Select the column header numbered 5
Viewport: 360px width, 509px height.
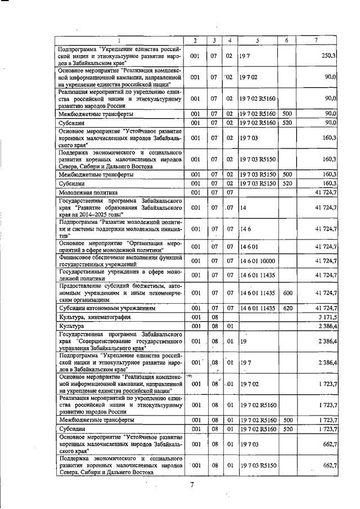pyautogui.click(x=257, y=40)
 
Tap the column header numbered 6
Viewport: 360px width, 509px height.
pyautogui.click(x=287, y=40)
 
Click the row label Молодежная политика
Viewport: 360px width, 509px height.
pyautogui.click(x=85, y=192)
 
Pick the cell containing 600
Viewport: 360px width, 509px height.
pyautogui.click(x=287, y=292)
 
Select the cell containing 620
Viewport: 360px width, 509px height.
pyautogui.click(x=287, y=309)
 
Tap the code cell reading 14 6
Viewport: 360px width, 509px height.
pyautogui.click(x=245, y=229)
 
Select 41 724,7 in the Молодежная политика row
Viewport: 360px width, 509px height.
pyautogui.click(x=325, y=192)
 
